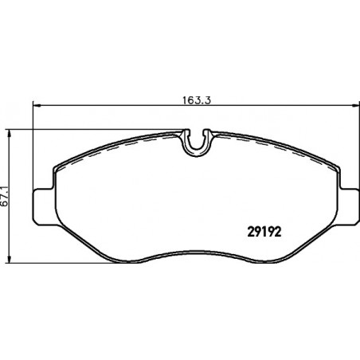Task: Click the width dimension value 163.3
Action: pos(197,100)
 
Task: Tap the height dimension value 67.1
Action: pos(5,197)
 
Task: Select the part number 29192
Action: pos(264,232)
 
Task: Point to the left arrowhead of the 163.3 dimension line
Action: pos(37,106)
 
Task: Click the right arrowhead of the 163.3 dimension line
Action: pos(355,106)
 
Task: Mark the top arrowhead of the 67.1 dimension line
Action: pos(10,134)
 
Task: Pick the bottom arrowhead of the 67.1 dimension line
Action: pos(10,259)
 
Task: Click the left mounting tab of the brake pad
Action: pos(44,207)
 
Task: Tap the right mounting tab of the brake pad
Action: pos(348,207)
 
